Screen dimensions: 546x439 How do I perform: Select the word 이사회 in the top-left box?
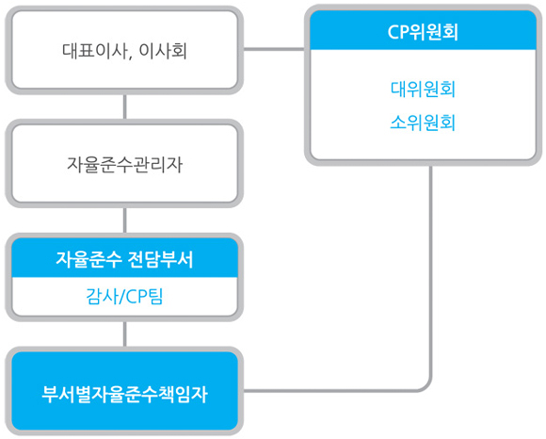click(x=163, y=51)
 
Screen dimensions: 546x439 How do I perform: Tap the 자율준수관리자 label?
click(x=124, y=165)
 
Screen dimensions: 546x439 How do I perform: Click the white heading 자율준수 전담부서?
click(x=124, y=259)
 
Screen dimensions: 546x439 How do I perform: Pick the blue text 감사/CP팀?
click(x=124, y=297)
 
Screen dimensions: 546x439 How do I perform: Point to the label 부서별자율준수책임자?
click(x=124, y=394)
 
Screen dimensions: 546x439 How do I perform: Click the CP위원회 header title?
click(x=423, y=32)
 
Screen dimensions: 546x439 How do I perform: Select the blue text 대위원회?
click(x=423, y=89)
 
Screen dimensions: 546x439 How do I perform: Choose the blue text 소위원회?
click(x=423, y=122)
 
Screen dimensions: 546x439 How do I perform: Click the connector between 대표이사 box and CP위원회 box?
click(x=274, y=49)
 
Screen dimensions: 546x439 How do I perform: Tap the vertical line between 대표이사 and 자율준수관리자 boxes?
click(x=124, y=106)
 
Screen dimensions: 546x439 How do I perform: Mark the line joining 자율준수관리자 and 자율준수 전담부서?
click(x=124, y=220)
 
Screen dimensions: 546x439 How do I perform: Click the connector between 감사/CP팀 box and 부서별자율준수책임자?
click(x=124, y=334)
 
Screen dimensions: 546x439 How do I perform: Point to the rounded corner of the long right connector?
click(x=427, y=387)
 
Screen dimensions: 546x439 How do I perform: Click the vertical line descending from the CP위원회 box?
click(x=431, y=271)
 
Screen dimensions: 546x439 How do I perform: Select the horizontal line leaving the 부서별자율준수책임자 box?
click(x=330, y=391)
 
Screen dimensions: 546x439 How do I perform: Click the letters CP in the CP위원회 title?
click(x=398, y=32)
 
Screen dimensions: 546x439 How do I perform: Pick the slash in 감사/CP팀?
click(x=120, y=297)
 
